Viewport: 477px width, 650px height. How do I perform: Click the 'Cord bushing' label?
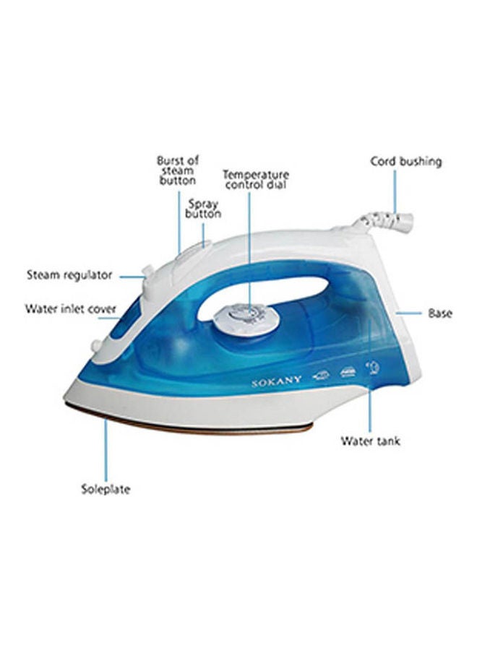(405, 161)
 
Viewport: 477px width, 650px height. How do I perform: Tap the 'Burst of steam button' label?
(178, 170)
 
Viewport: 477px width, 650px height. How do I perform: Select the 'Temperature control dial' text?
(255, 179)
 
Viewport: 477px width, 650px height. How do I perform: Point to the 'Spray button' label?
(203, 209)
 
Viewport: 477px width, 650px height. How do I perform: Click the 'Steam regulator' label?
(69, 275)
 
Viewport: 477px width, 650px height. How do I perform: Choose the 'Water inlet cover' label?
(70, 309)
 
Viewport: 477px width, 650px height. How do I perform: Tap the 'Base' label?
(440, 313)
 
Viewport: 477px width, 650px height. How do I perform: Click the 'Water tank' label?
(371, 441)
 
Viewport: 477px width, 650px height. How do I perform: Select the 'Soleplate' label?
(106, 489)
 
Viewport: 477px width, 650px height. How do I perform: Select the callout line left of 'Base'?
(410, 313)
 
